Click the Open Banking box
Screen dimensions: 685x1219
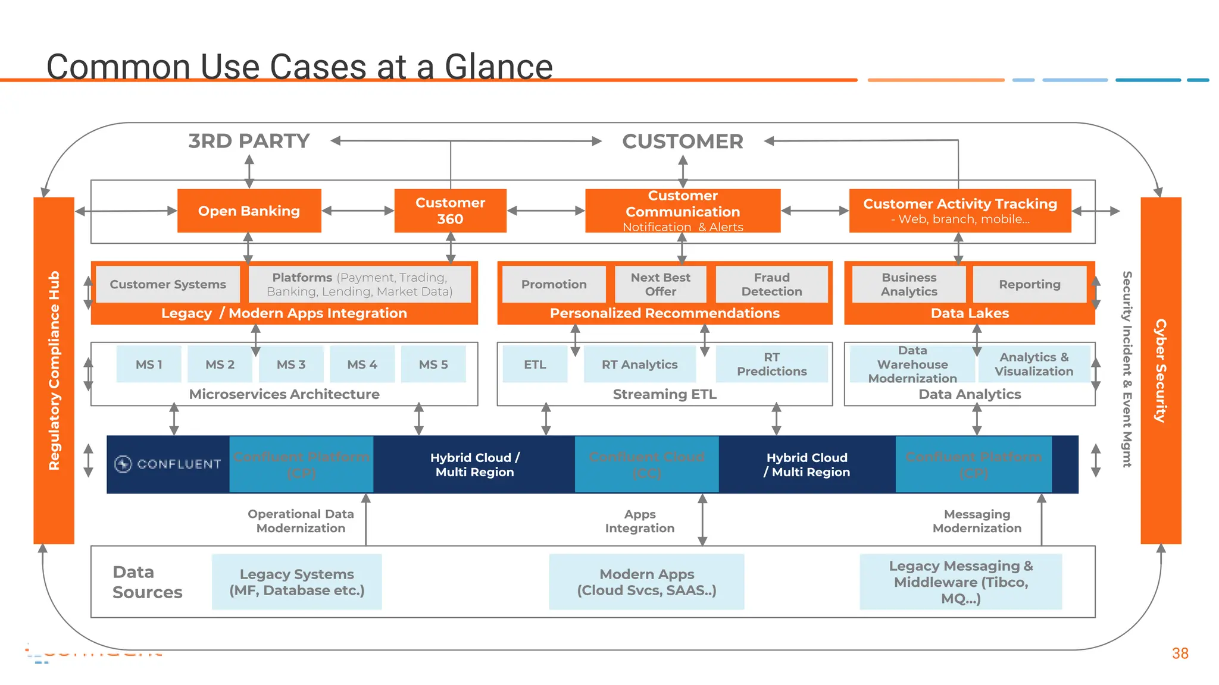click(x=249, y=211)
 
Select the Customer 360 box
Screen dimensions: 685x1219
click(x=450, y=211)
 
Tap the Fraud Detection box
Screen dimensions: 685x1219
click(x=771, y=284)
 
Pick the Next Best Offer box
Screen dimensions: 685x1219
click(x=660, y=284)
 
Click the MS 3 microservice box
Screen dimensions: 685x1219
click(x=290, y=365)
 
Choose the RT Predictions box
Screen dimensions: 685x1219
click(x=771, y=364)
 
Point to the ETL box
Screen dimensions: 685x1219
click(x=535, y=365)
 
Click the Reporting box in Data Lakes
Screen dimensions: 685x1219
click(x=1029, y=284)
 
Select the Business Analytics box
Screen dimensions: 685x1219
click(x=909, y=284)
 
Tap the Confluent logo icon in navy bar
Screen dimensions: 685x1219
click(x=123, y=464)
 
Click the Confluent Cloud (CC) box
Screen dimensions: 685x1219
click(x=646, y=464)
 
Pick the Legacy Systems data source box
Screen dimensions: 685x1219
click(x=296, y=582)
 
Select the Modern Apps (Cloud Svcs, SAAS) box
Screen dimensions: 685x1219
click(x=646, y=582)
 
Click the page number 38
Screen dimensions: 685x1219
click(x=1180, y=653)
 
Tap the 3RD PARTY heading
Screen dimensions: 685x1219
click(x=249, y=141)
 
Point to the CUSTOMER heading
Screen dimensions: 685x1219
click(x=682, y=142)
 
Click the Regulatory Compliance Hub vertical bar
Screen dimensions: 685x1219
click(x=54, y=370)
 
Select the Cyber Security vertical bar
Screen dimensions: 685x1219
click(x=1160, y=370)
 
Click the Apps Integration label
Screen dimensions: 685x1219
click(x=639, y=521)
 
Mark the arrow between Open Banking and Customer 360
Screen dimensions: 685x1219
click(x=358, y=210)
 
